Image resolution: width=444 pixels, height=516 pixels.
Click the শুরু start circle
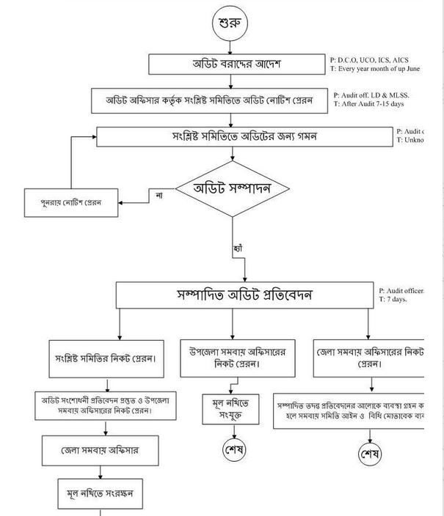pos(232,23)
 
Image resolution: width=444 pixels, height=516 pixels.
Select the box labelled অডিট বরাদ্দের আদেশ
pos(232,64)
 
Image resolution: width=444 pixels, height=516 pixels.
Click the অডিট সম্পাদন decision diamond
pos(232,189)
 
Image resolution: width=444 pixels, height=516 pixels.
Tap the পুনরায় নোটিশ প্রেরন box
pos(71,203)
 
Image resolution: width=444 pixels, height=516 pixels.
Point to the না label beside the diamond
pos(159,196)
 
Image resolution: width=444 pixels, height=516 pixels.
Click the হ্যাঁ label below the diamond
pos(237,248)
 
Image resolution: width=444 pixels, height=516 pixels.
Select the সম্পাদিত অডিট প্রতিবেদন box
pos(244,295)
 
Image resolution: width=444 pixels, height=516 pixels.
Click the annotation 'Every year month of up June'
pos(377,69)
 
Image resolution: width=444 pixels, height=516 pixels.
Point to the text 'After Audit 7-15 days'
pos(371,104)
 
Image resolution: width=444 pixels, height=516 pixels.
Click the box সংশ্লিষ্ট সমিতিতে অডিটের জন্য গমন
pos(245,137)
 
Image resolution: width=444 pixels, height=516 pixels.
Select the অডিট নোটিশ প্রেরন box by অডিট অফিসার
pos(208,100)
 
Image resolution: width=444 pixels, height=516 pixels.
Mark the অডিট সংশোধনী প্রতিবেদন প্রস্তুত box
pos(108,405)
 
